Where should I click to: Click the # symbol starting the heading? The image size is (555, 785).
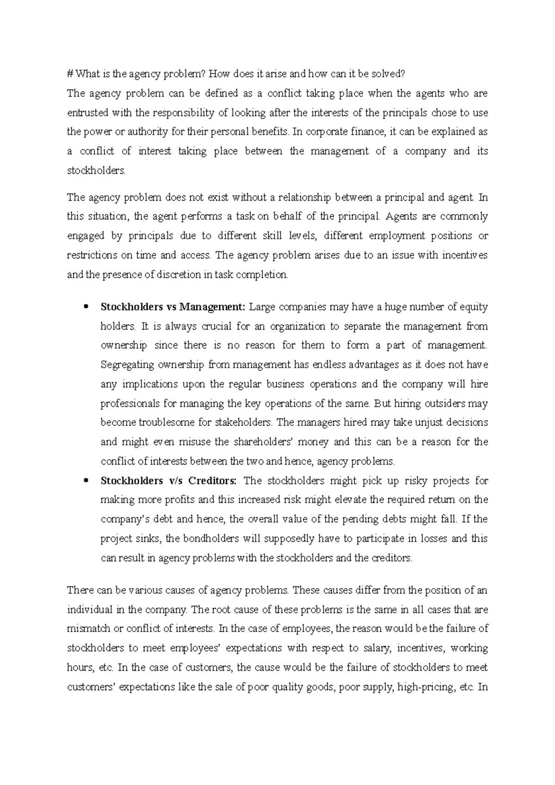[70, 74]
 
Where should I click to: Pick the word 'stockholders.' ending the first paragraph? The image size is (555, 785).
[96, 171]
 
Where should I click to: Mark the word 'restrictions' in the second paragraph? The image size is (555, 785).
[92, 255]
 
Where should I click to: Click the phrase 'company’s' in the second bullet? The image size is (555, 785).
[123, 519]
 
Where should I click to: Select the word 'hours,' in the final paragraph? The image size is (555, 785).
[80, 668]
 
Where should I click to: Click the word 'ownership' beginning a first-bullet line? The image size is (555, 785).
[123, 345]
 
